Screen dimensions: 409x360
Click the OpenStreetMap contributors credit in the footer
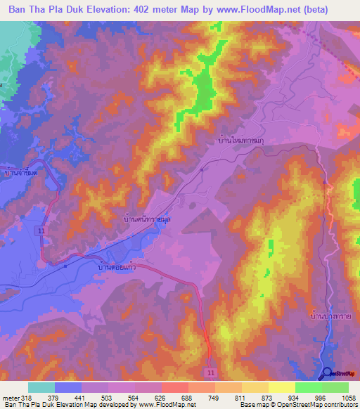pyautogui.click(x=309, y=405)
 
